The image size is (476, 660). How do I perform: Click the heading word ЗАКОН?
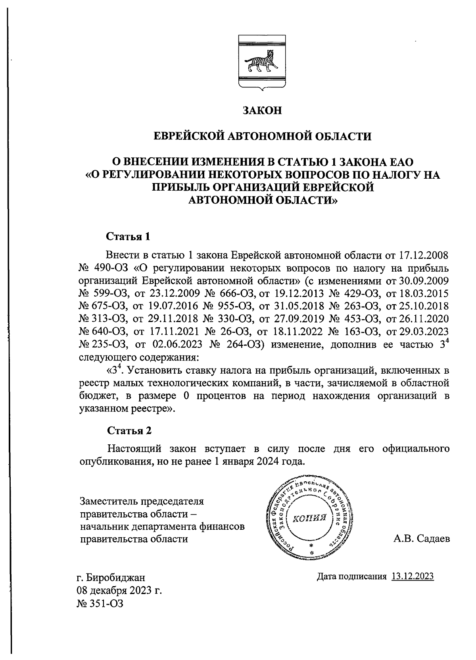(x=262, y=110)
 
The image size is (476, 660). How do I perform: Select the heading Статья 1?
(x=129, y=237)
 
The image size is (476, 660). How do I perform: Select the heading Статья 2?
(x=129, y=430)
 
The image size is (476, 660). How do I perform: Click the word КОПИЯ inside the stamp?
(x=309, y=518)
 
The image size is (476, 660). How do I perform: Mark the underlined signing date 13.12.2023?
(x=413, y=576)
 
